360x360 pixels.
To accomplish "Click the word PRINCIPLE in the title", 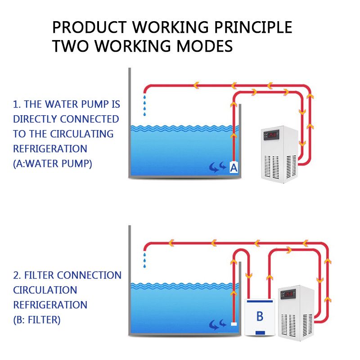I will click(x=253, y=27).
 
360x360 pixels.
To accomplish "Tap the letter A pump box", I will click(x=234, y=167).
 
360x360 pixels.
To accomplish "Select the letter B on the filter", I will click(x=260, y=316).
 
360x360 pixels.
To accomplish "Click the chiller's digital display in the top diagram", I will click(x=272, y=134).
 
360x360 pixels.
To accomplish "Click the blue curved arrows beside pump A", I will click(x=217, y=168).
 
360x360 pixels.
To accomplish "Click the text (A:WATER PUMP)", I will click(x=52, y=163).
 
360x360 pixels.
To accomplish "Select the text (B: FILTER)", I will click(x=36, y=320).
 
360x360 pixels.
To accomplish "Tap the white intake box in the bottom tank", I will click(x=234, y=323).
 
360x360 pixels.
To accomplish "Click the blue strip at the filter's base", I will click(x=260, y=333).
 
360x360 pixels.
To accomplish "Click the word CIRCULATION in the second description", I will click(x=45, y=290).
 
